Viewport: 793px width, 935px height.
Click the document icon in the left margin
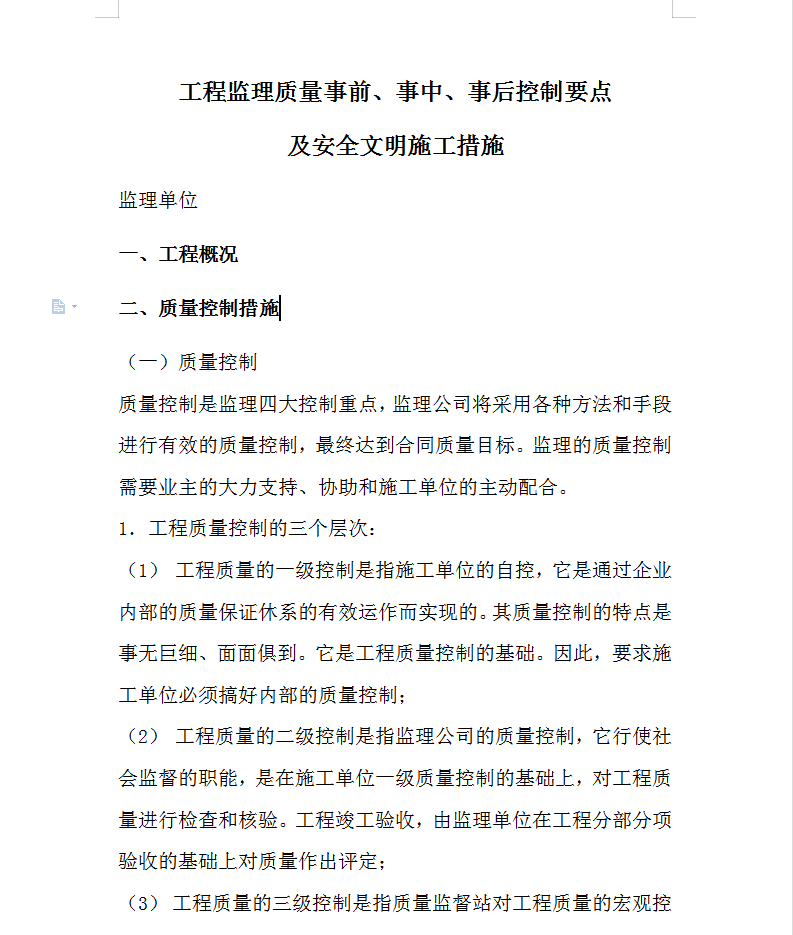click(x=59, y=306)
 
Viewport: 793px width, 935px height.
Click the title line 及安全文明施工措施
click(x=396, y=146)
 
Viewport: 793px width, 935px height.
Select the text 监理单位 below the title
click(x=158, y=200)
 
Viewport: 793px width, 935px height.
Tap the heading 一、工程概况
click(x=178, y=254)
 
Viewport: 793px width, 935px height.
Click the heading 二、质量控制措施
click(x=198, y=308)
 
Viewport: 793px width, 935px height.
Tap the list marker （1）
click(x=143, y=570)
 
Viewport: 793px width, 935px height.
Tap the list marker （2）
click(x=143, y=736)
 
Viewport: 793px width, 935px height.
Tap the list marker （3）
click(x=143, y=904)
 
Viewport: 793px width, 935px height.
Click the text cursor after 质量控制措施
click(x=281, y=308)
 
